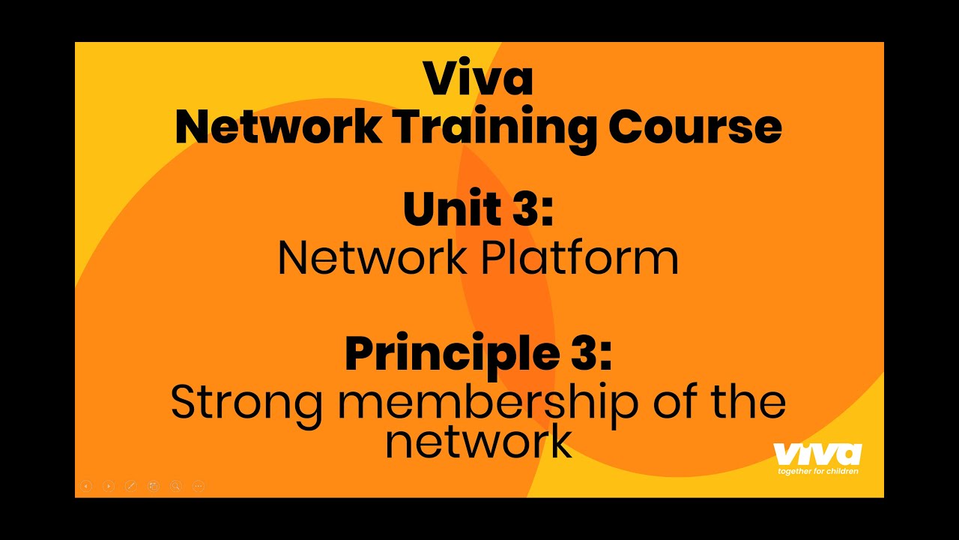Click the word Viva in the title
(x=478, y=79)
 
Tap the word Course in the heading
(x=695, y=127)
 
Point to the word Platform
(x=579, y=259)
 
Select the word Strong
(x=246, y=403)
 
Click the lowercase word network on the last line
(x=478, y=442)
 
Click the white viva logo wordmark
(x=817, y=454)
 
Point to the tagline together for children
(x=818, y=471)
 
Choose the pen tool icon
(x=131, y=486)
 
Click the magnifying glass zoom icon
(x=176, y=486)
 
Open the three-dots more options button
(x=199, y=486)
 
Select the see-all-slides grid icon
(x=154, y=486)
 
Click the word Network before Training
(x=277, y=127)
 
